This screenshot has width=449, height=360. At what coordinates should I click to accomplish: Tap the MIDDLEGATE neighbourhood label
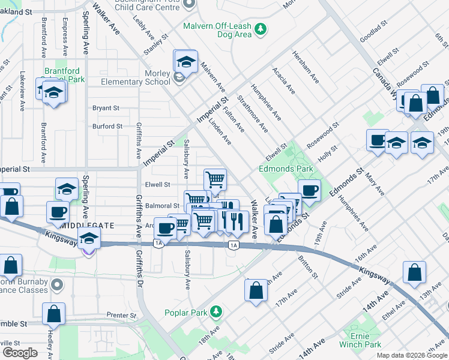tap(88, 225)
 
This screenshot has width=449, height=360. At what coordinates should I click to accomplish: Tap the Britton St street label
tap(306, 267)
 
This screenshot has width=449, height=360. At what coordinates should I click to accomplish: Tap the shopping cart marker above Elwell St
tap(215, 179)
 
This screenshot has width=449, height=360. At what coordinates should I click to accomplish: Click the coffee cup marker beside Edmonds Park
tap(309, 190)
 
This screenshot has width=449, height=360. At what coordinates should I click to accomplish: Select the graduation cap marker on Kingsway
tap(89, 239)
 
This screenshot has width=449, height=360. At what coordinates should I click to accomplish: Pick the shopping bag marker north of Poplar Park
tap(256, 290)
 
